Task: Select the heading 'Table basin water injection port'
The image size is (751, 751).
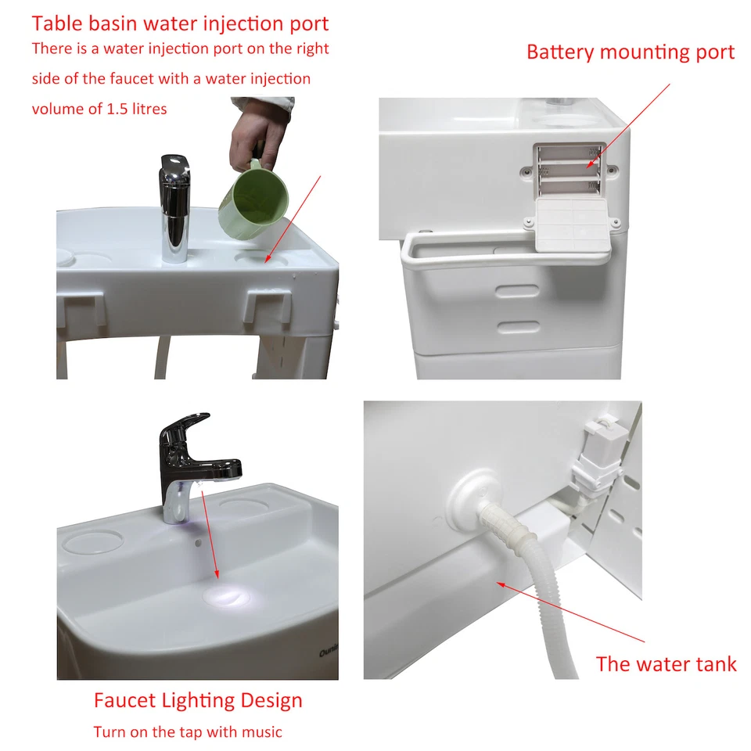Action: pos(180,24)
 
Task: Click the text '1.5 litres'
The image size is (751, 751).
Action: pos(136,109)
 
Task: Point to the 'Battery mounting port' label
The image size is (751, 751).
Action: pos(630,52)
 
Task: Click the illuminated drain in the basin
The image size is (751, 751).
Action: pos(227,598)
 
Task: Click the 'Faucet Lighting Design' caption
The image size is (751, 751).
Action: pos(198,700)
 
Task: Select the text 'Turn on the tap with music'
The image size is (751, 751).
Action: pos(188,732)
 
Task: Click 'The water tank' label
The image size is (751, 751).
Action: pos(666,664)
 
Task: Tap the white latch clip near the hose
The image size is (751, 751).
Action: pos(600,451)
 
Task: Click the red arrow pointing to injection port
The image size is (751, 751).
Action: pos(293,218)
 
